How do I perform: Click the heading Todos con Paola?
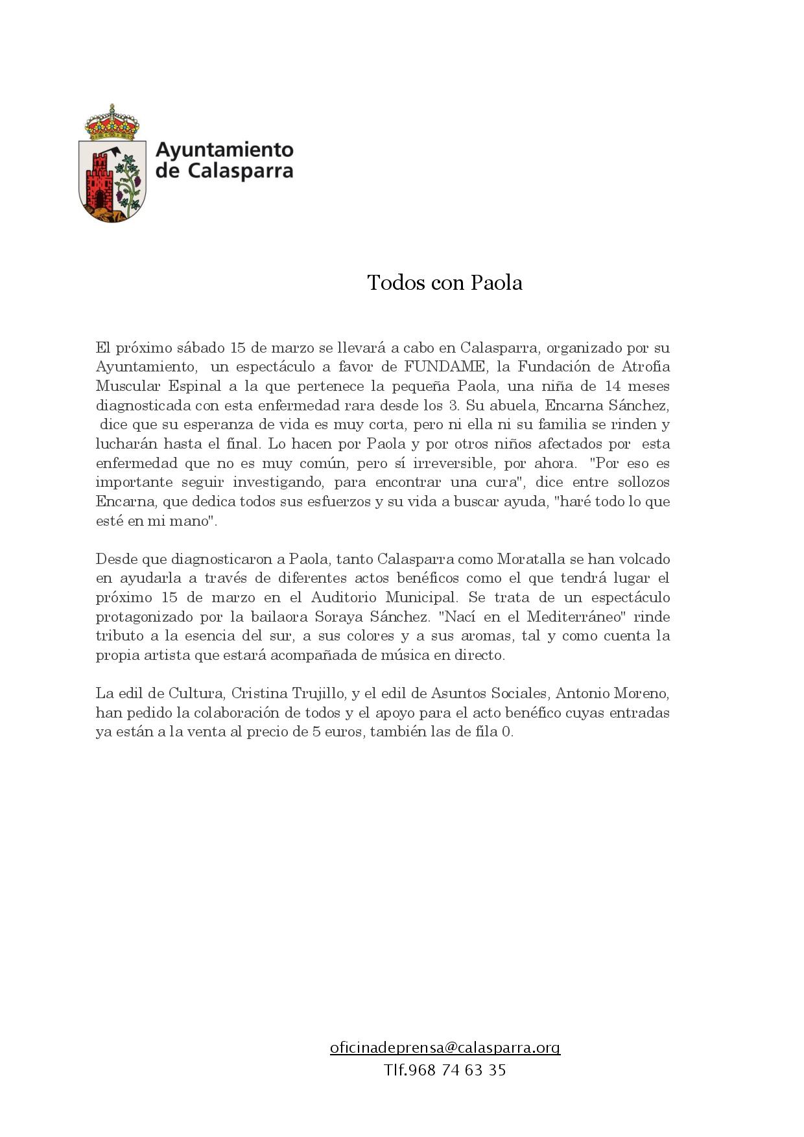click(444, 283)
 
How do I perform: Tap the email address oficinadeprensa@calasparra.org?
click(445, 1048)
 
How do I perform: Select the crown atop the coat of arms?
click(112, 123)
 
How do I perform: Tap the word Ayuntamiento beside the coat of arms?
click(225, 150)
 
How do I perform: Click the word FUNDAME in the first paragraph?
click(445, 367)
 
